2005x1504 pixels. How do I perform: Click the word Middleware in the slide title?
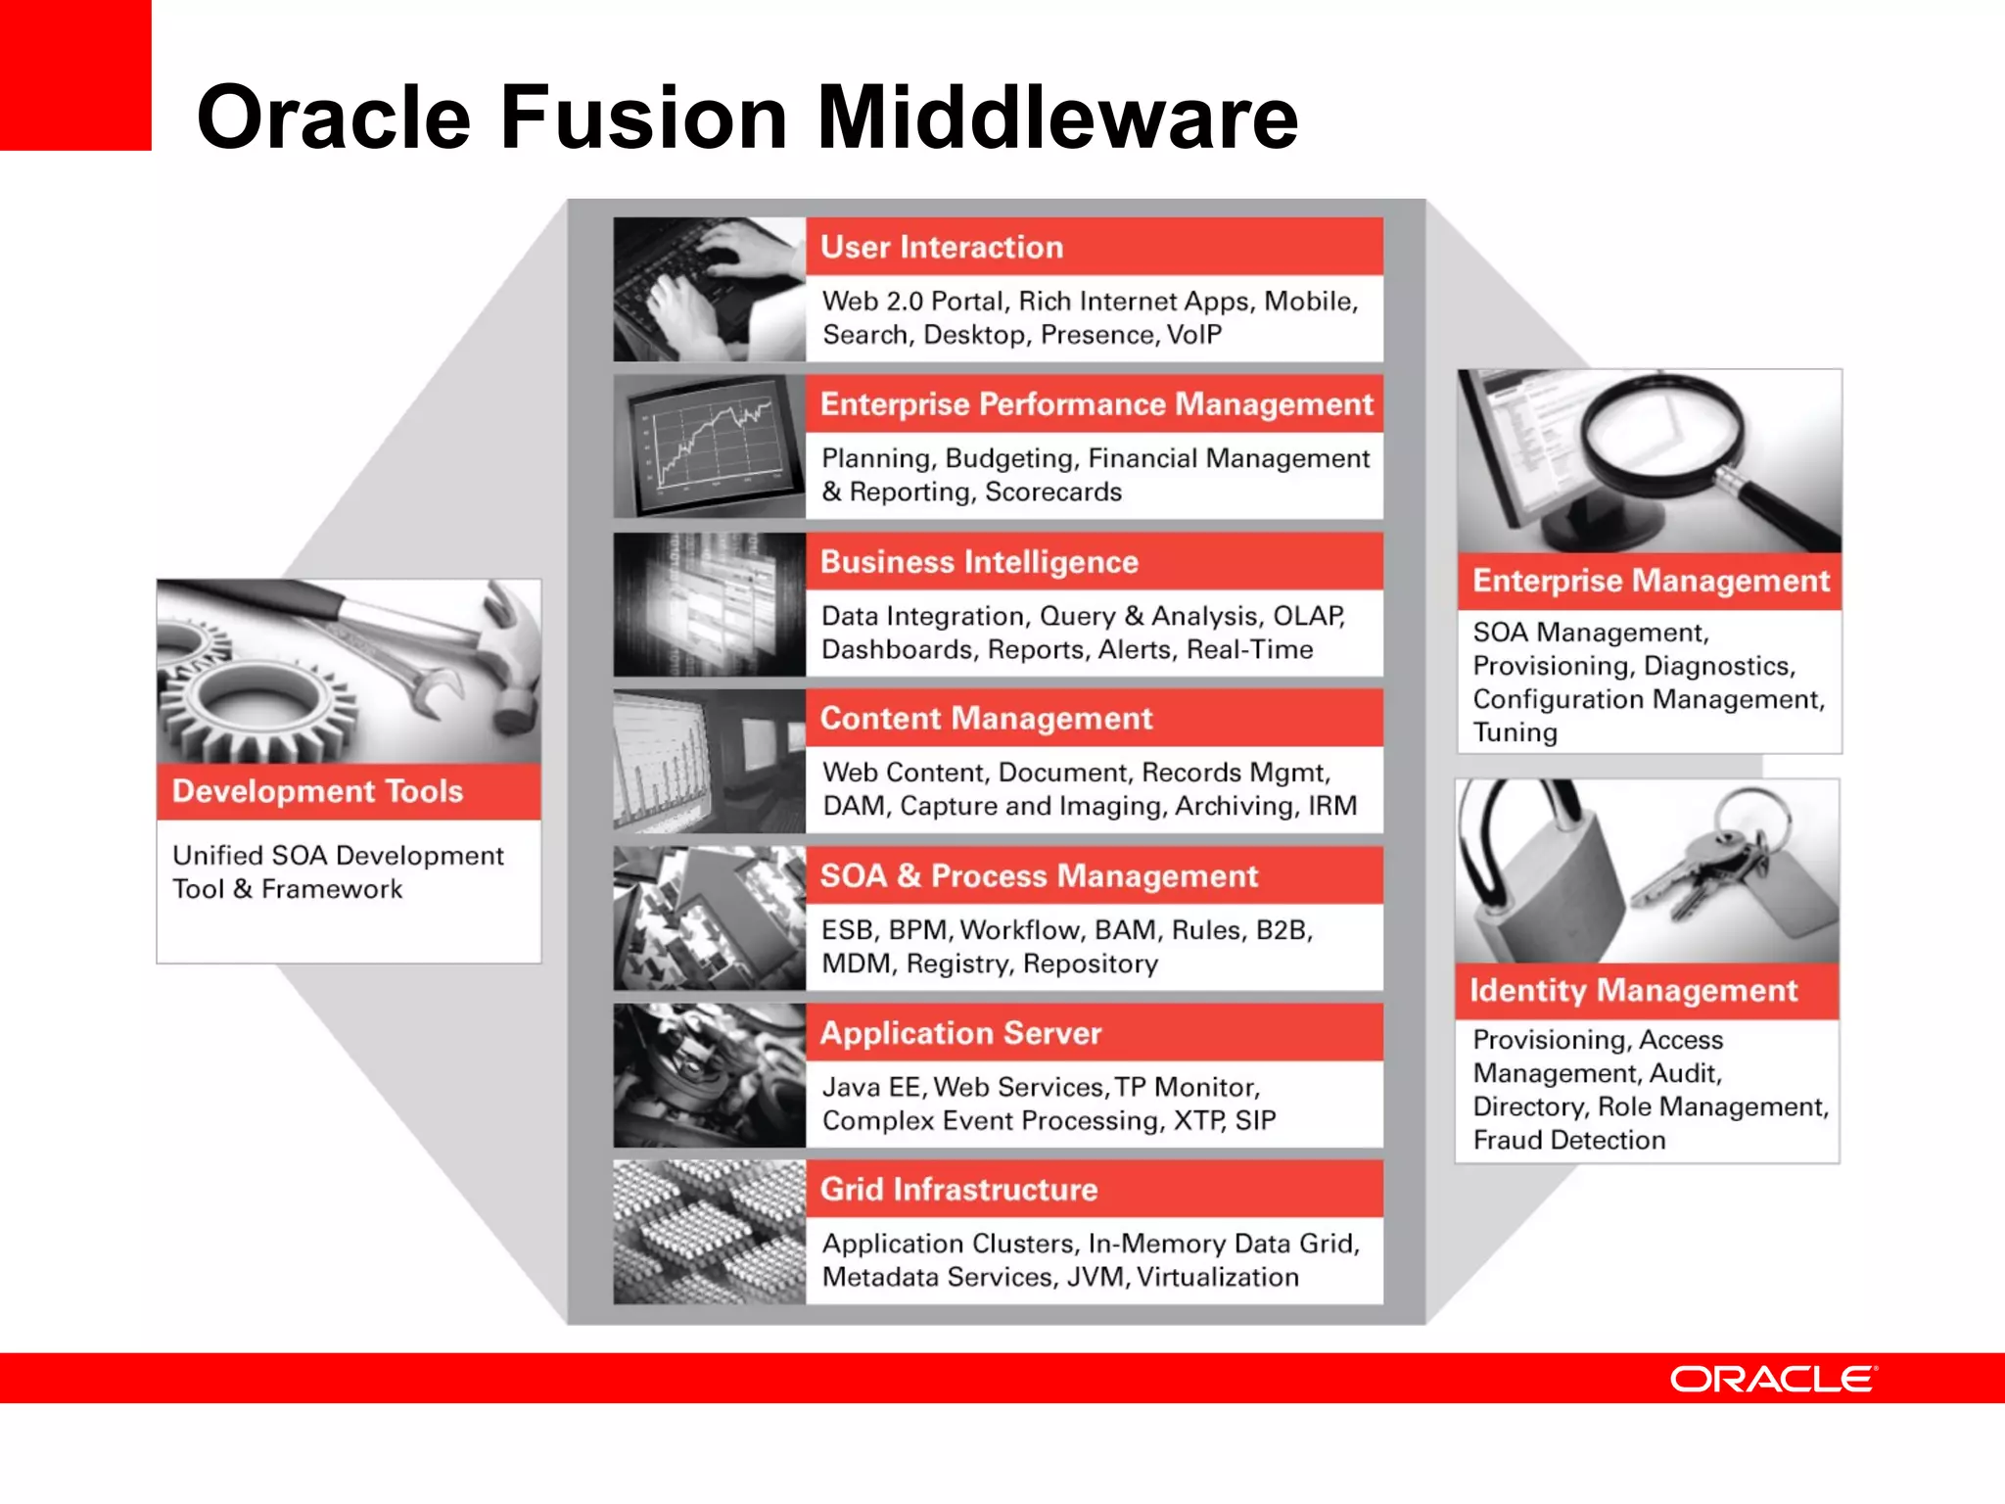coord(1057,117)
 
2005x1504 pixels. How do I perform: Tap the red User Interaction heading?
coord(942,247)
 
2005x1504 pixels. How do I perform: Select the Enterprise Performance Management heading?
coord(1096,404)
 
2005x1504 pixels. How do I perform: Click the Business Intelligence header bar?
coord(979,562)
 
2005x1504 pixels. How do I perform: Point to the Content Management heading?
coord(986,719)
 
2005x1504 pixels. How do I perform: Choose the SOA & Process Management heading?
coord(1039,875)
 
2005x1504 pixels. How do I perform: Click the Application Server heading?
coord(960,1033)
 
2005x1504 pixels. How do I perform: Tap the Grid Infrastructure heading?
coord(958,1190)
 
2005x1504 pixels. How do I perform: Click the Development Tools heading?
coord(317,791)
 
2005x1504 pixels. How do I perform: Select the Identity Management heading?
coord(1633,991)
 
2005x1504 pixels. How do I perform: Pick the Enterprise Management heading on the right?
coord(1651,581)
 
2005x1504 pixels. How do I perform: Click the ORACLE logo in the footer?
coord(1773,1379)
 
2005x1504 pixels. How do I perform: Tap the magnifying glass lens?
coord(1662,431)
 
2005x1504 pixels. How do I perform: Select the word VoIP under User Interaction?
coord(1194,335)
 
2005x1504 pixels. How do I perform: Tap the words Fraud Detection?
coord(1568,1141)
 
